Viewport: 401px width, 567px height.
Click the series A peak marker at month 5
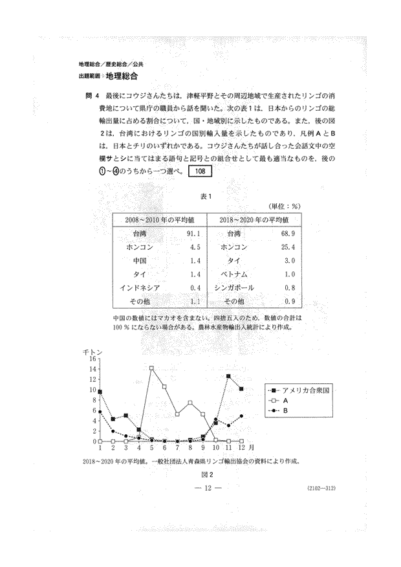point(151,368)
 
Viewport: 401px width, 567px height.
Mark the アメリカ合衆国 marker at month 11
point(228,376)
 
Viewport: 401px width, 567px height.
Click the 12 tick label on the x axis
point(241,448)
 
